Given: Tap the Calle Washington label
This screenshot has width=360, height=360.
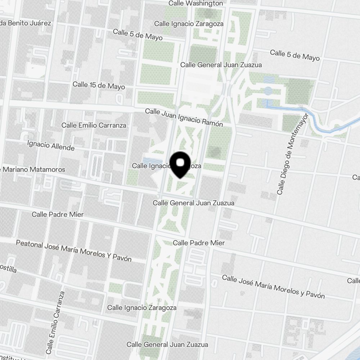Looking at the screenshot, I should coord(196,3).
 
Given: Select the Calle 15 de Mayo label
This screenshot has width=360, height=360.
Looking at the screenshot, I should coord(99,85).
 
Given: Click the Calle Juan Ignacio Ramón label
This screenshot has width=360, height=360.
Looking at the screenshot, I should coord(184,117).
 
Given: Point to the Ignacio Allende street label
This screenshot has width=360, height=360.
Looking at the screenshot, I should coord(51,145).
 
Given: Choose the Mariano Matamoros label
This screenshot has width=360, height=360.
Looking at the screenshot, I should coord(34,169).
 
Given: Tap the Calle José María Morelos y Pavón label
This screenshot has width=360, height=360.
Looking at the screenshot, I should coord(273,287).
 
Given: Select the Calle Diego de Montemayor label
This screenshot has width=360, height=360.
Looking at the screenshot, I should coord(293,154).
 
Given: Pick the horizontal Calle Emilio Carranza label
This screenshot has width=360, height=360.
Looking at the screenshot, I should coord(94,125).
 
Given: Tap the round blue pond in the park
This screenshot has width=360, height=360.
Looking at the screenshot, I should coord(268,91).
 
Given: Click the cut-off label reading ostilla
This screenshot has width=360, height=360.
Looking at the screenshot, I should coord(8,269).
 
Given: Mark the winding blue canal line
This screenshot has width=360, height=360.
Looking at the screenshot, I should coord(317,121).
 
